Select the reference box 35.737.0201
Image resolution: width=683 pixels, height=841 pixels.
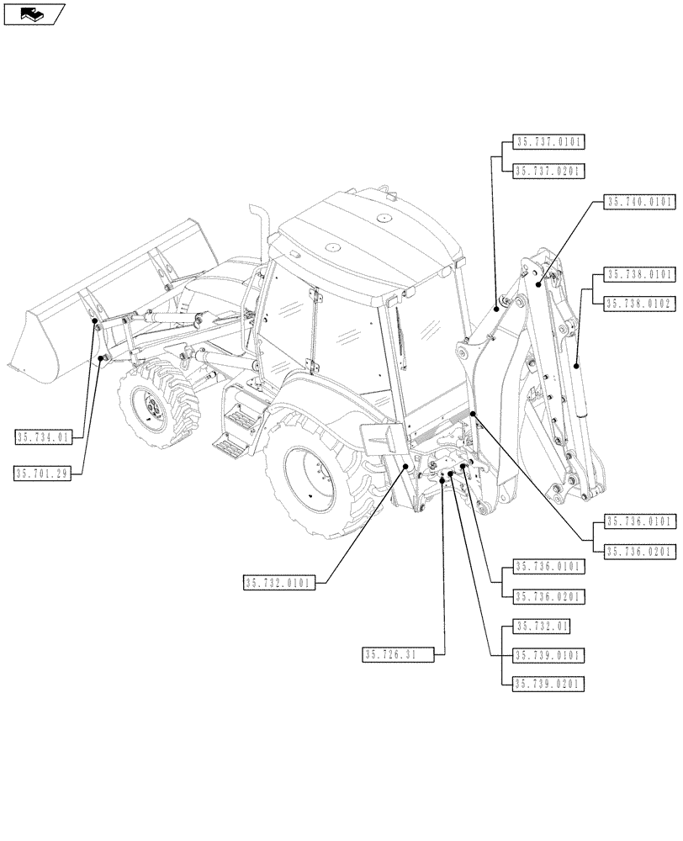(548, 171)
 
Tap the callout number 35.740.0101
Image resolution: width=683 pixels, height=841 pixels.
(639, 202)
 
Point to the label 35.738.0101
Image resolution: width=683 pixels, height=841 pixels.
(639, 274)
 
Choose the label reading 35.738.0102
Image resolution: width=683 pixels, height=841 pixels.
(639, 304)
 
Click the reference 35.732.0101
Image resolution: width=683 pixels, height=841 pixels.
(279, 583)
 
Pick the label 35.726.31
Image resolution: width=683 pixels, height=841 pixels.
(398, 654)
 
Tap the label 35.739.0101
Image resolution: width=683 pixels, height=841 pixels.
(548, 654)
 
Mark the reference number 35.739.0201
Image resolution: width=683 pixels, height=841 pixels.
(548, 684)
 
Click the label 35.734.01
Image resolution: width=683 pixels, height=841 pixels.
(44, 436)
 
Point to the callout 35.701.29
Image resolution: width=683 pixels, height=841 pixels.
(44, 473)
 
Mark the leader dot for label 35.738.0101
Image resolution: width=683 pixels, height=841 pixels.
(577, 365)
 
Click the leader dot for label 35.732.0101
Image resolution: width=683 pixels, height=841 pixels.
(407, 464)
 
